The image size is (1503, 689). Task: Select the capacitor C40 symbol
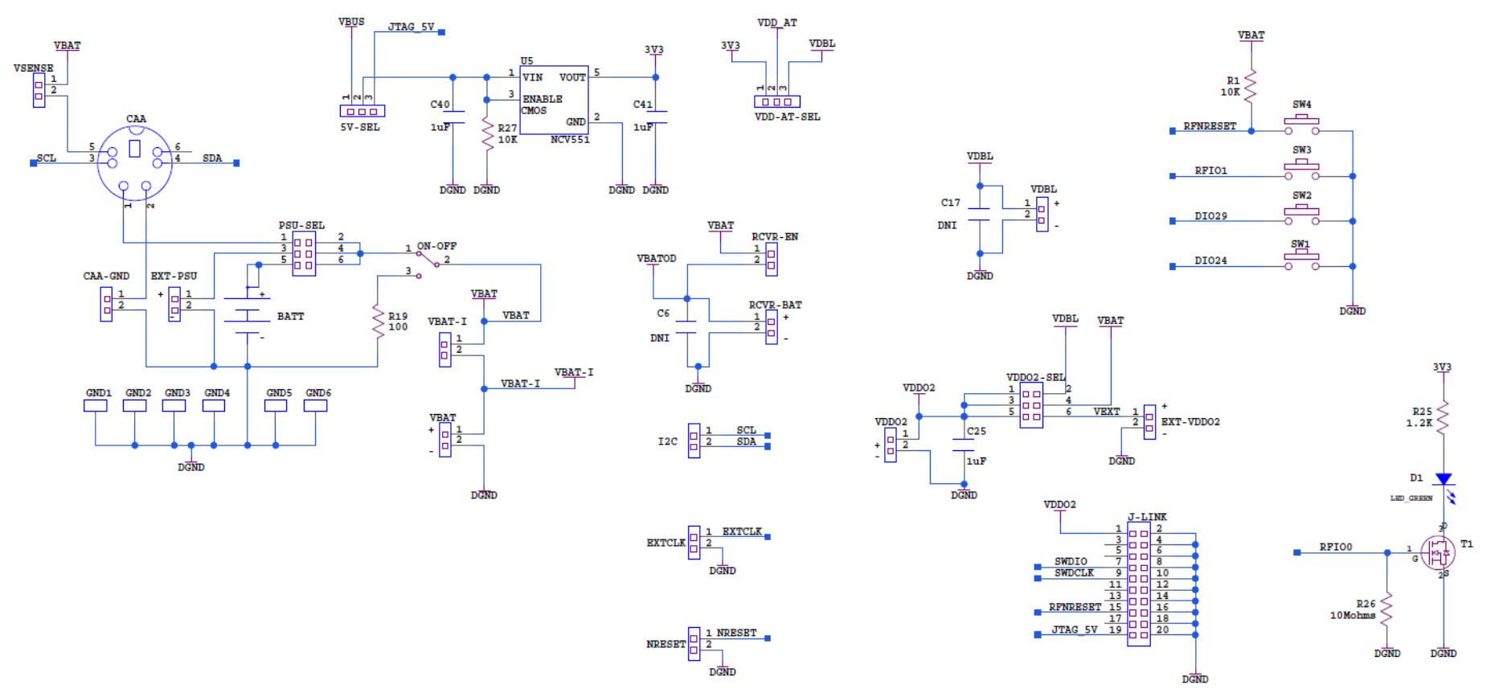453,116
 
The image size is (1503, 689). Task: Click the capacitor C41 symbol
655,117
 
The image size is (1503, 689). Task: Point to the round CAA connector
135,164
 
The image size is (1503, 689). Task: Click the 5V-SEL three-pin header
362,111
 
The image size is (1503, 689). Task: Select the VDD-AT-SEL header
777,101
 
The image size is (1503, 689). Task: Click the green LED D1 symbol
1443,479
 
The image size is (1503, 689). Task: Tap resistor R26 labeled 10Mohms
1386,609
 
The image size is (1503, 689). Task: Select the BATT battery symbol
248,316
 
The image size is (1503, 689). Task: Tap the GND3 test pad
174,406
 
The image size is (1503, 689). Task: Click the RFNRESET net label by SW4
1209,126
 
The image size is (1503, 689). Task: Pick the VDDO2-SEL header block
1031,405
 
